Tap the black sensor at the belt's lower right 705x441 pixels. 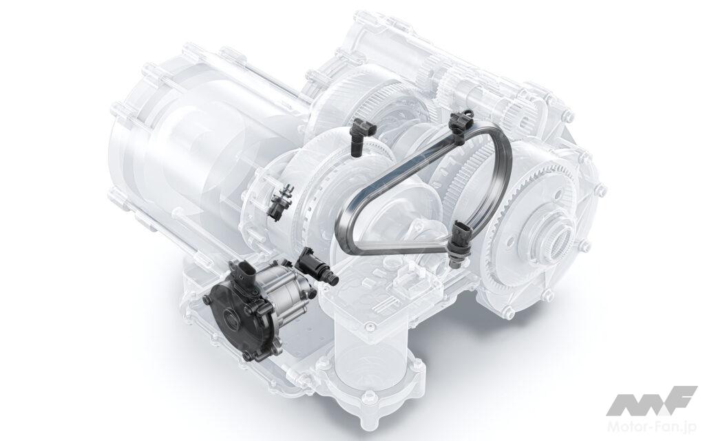pyautogui.click(x=460, y=236)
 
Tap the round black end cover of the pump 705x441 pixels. pyautogui.click(x=229, y=310)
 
